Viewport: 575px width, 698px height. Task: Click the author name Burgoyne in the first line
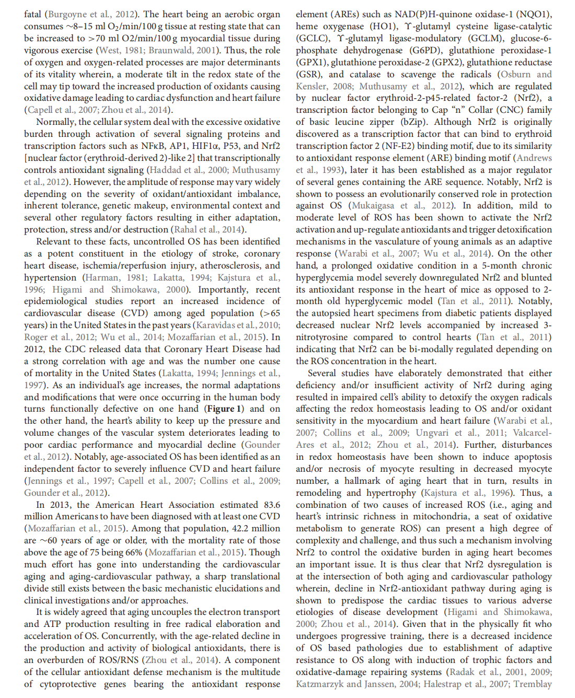pos(66,15)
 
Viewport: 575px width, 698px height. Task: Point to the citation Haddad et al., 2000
pos(189,170)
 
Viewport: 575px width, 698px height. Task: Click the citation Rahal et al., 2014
pos(208,229)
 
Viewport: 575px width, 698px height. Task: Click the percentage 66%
pos(134,552)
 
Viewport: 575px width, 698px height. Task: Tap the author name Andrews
pos(534,158)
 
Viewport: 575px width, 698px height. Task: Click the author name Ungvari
pos(432,433)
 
